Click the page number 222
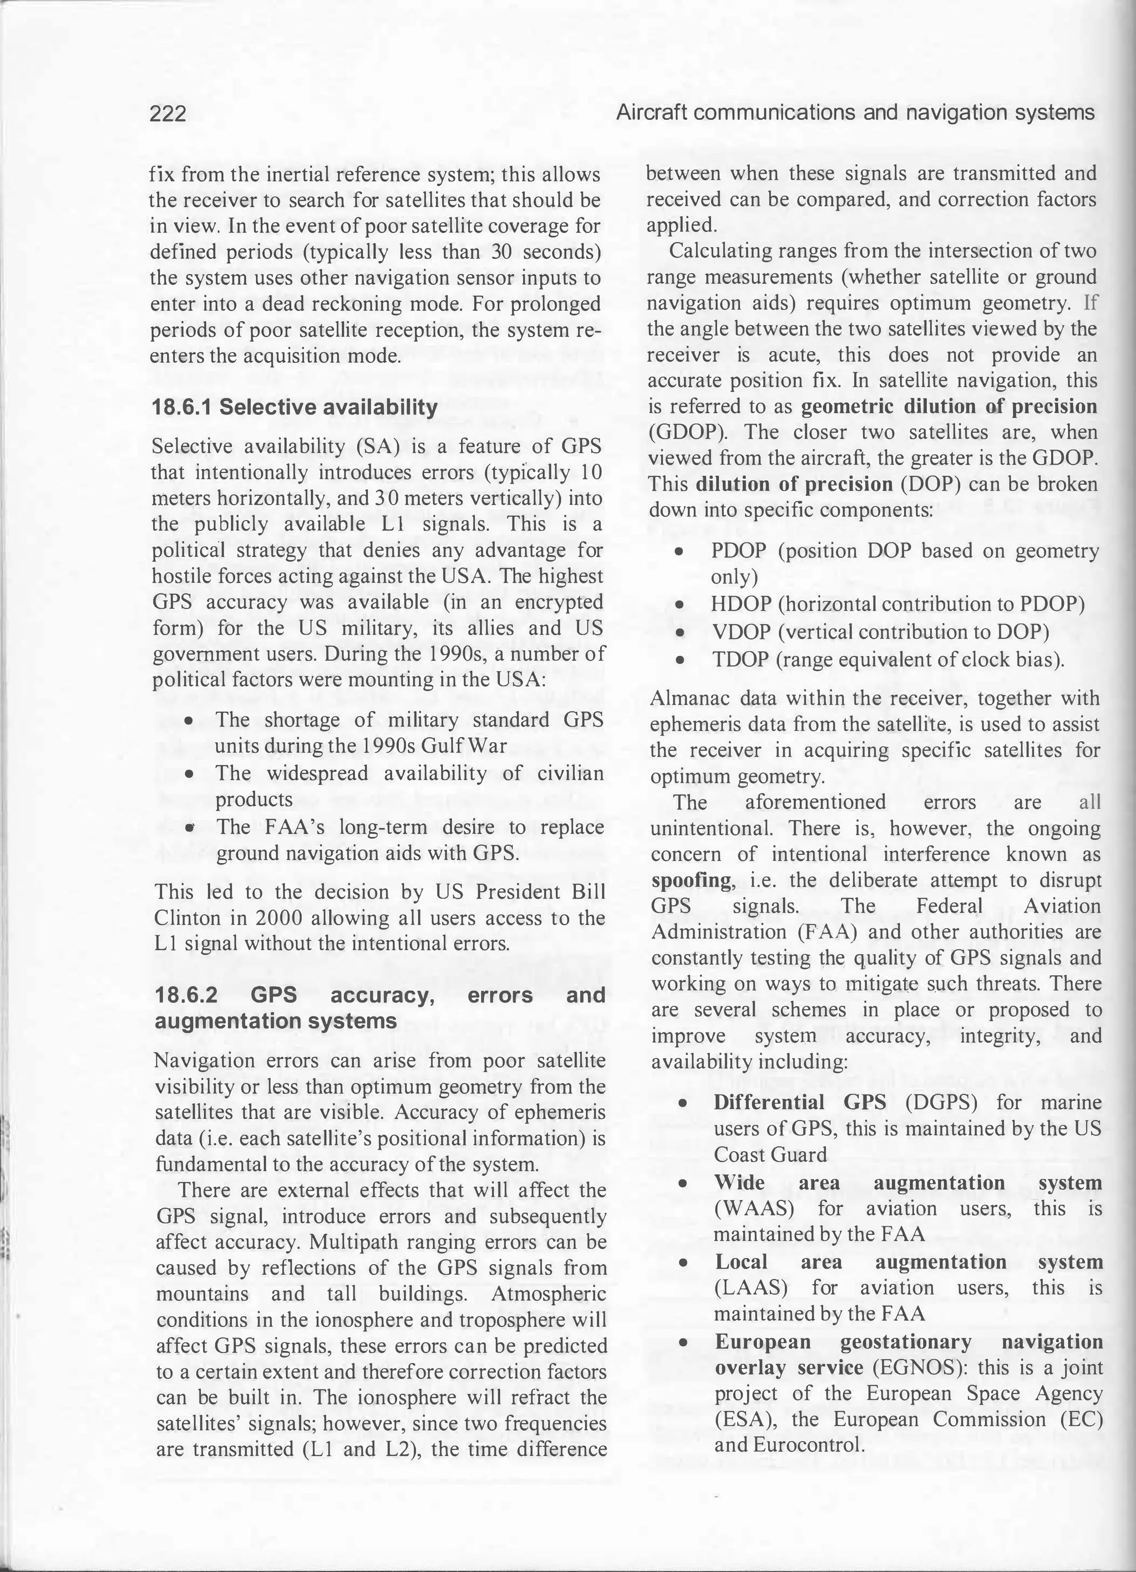[x=168, y=113]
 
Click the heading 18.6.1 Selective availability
[x=295, y=407]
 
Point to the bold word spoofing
[x=691, y=880]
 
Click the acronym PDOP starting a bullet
[x=739, y=551]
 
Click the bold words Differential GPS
[x=800, y=1102]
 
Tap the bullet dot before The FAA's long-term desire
[x=189, y=828]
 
